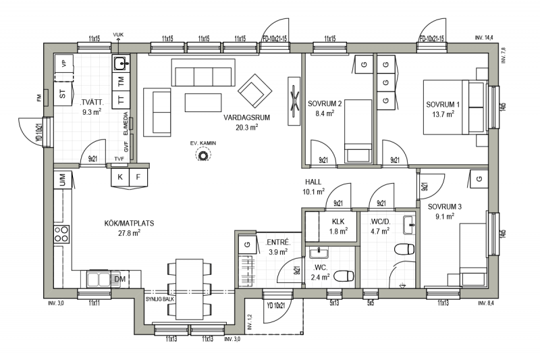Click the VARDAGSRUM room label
pos(246,118)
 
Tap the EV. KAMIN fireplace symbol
pos(203,155)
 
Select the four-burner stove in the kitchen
pos(61,234)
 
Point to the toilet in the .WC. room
pos(344,276)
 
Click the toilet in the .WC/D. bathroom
pos(404,249)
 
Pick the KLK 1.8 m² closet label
pos(338,227)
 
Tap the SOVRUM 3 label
pos(445,207)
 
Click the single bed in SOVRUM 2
pos(358,131)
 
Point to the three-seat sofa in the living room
pos(203,72)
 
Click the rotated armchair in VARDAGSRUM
pos(255,91)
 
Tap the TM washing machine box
pos(121,81)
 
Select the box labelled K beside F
pos(120,177)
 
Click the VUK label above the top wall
pos(118,35)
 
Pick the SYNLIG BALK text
pos(160,299)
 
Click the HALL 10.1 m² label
pos(313,186)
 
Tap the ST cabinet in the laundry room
pos(63,94)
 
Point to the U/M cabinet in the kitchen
pos(63,180)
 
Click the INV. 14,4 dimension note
pos(484,38)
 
